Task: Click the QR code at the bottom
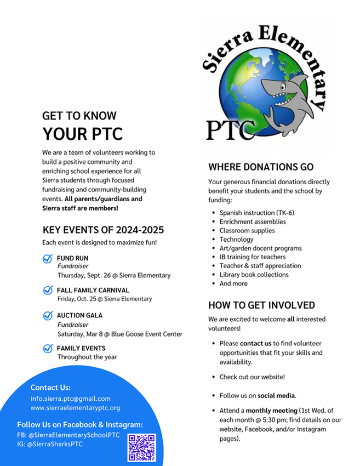tap(142, 447)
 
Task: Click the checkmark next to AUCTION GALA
tap(48, 316)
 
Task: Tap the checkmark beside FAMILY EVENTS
tap(48, 348)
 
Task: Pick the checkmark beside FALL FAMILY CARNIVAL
tap(48, 290)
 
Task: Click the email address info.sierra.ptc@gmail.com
tap(71, 399)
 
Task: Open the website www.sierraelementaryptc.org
tap(75, 408)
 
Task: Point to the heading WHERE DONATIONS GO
tap(261, 167)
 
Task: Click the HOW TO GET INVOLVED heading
tap(261, 305)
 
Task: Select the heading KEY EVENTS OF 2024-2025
tap(103, 230)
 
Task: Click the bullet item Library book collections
tap(254, 275)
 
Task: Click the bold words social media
tap(276, 395)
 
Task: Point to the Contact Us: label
tap(50, 388)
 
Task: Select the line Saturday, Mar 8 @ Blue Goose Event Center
tap(119, 334)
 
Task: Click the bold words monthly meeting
tap(271, 411)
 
